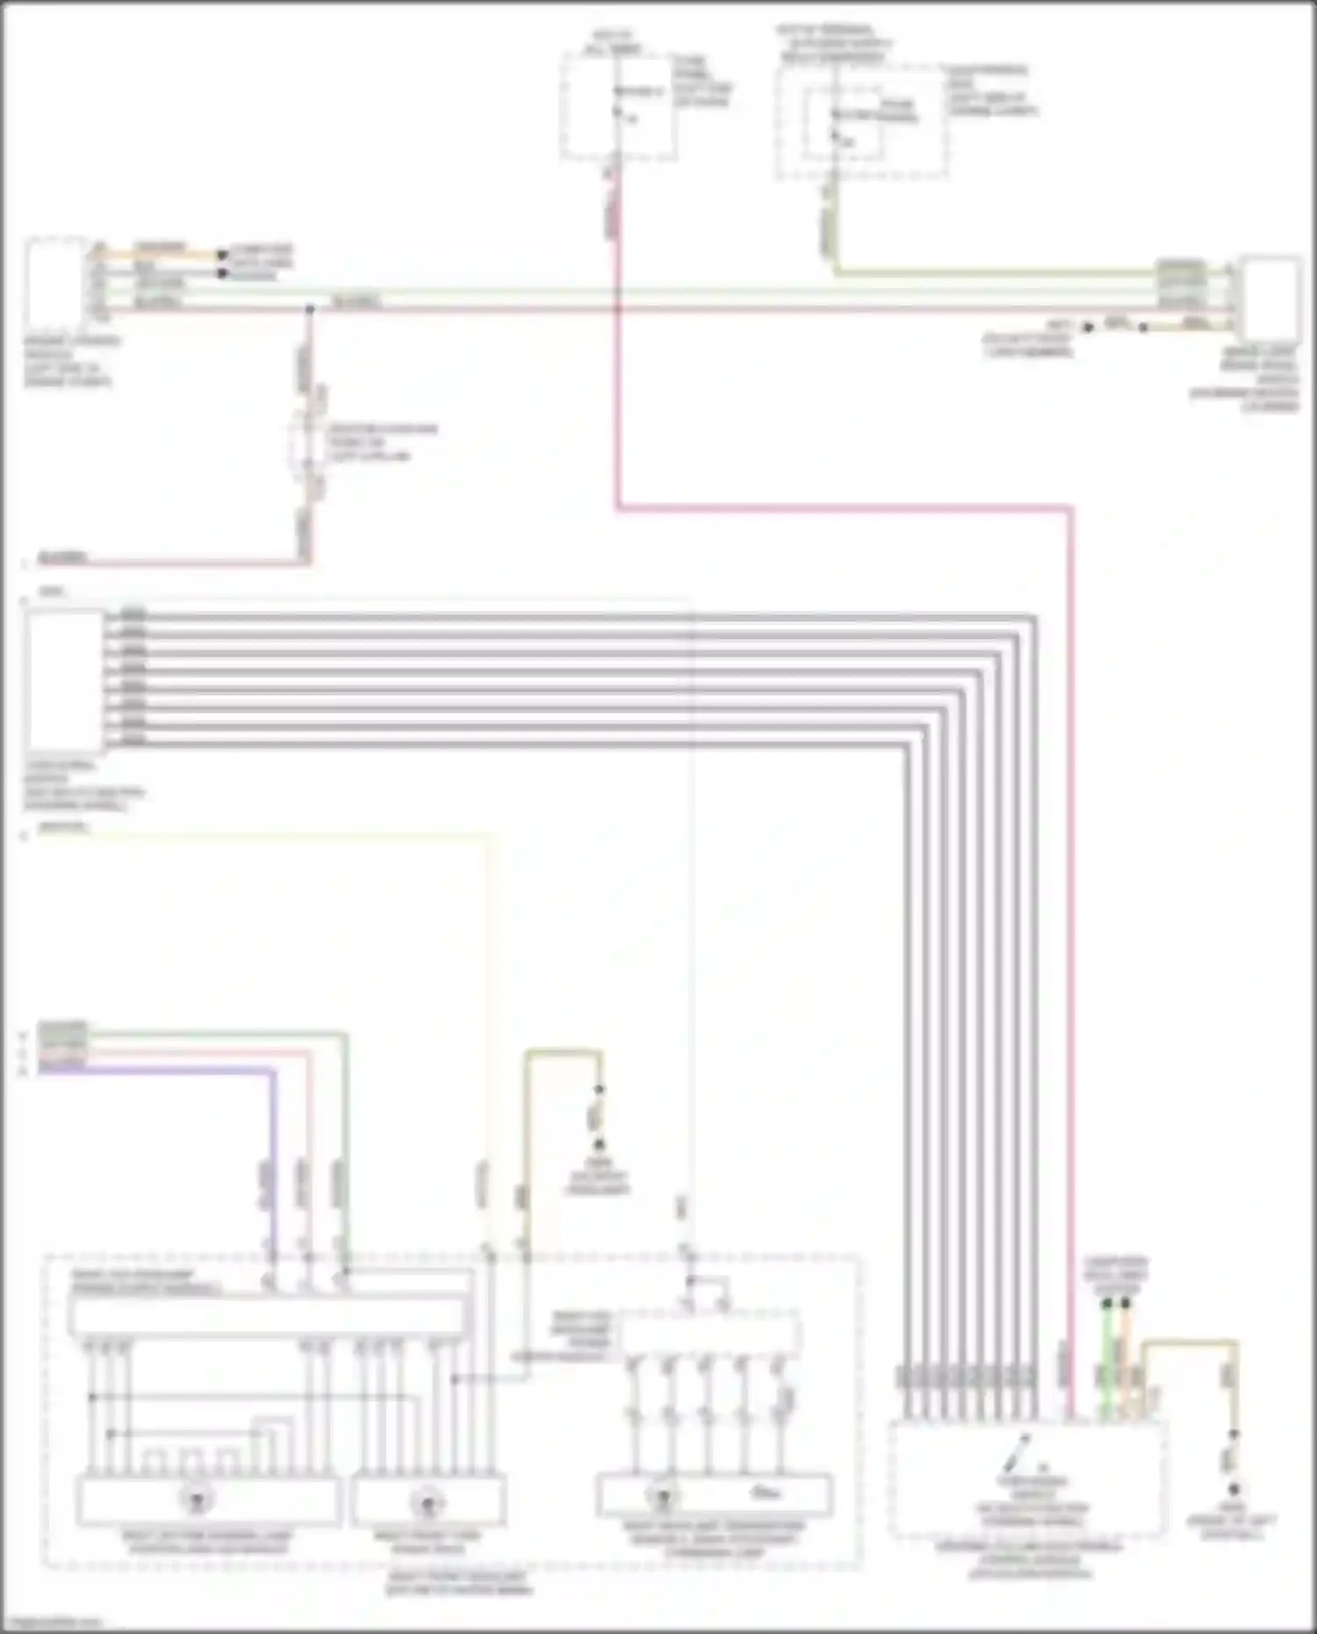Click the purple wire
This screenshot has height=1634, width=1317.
[273, 1141]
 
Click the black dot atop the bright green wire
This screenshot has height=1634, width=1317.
[1106, 1305]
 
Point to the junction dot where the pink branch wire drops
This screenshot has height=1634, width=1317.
[310, 310]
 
